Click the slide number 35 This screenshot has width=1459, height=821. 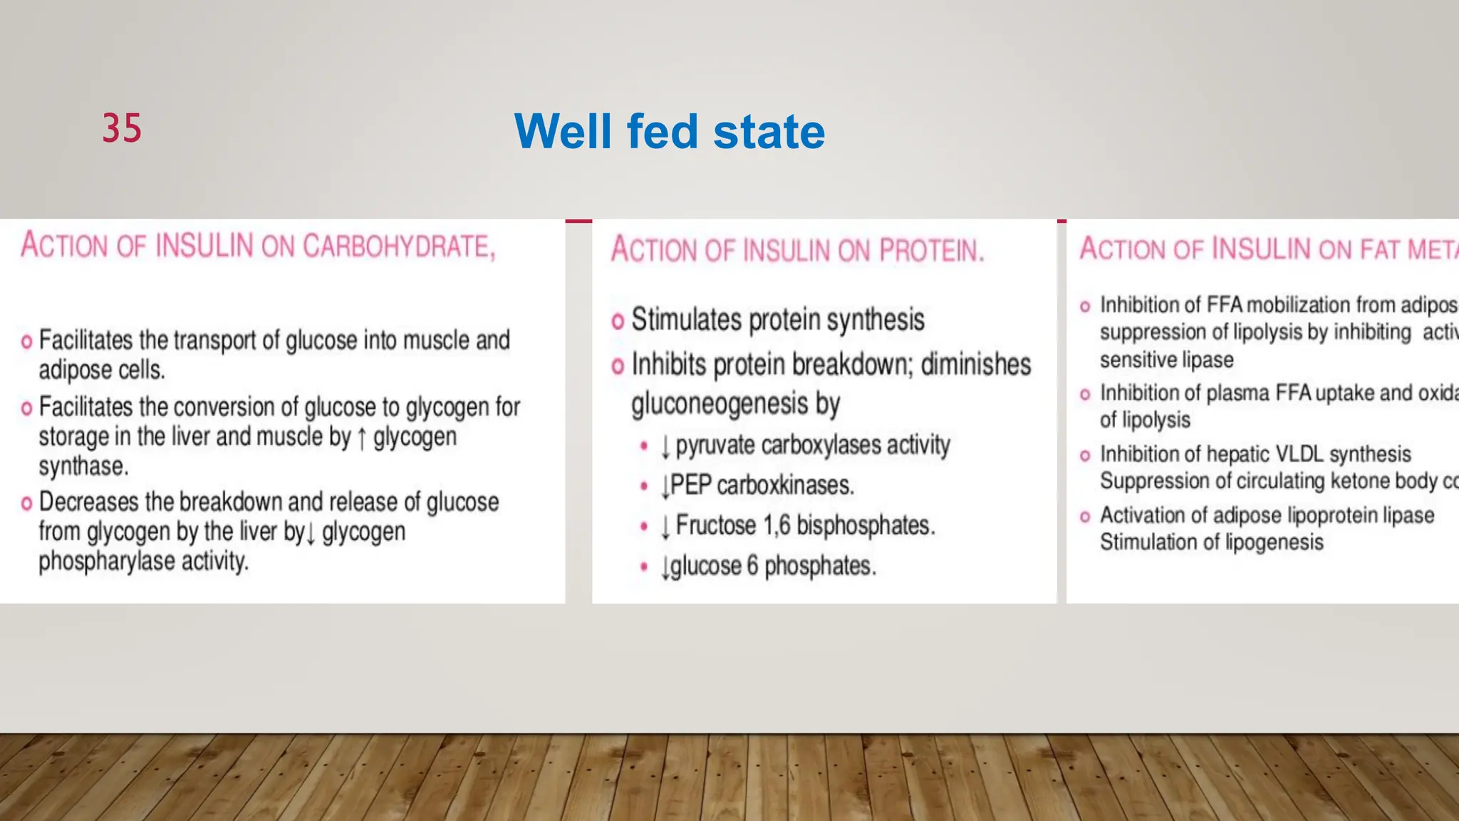(x=122, y=128)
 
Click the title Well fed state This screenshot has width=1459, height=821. (x=669, y=132)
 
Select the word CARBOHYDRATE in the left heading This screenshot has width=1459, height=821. (x=398, y=246)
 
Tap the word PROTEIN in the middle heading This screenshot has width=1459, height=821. (x=931, y=250)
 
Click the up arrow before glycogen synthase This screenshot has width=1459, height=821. (x=362, y=438)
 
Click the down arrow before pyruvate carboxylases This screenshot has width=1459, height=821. (x=665, y=447)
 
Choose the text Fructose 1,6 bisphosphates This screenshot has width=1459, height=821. (x=804, y=525)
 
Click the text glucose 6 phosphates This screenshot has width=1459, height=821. (x=772, y=566)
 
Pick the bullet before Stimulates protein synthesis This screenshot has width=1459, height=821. (x=618, y=321)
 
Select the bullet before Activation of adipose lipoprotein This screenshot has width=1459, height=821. (x=1085, y=516)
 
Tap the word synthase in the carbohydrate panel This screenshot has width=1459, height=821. (x=83, y=467)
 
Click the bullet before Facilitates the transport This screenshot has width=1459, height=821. (x=27, y=341)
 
